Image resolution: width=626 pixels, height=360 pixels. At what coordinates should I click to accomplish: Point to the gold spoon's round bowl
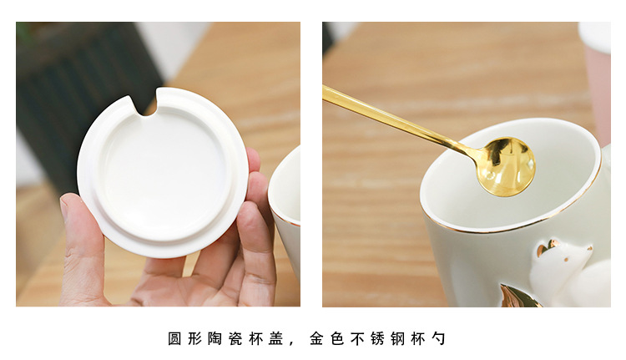tap(506, 165)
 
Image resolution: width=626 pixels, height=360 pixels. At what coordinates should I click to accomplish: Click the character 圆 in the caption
tap(174, 338)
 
